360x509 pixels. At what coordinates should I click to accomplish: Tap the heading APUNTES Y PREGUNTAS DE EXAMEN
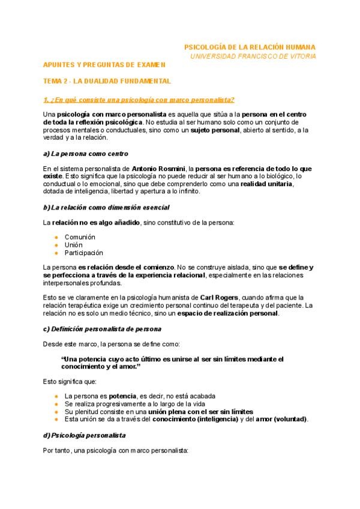point(103,64)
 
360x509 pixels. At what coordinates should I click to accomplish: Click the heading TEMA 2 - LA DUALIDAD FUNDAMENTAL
point(107,81)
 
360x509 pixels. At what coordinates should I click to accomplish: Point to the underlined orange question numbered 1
point(139,99)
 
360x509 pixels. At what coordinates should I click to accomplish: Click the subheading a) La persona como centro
point(85,154)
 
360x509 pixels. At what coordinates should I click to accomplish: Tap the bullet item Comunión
point(80,237)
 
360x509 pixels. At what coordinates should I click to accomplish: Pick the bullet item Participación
point(83,253)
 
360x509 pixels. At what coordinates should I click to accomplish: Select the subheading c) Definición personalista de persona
point(102,329)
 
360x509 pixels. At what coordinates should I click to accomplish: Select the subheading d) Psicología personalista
point(84,435)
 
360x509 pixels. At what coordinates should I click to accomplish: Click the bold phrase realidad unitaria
point(266,184)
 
